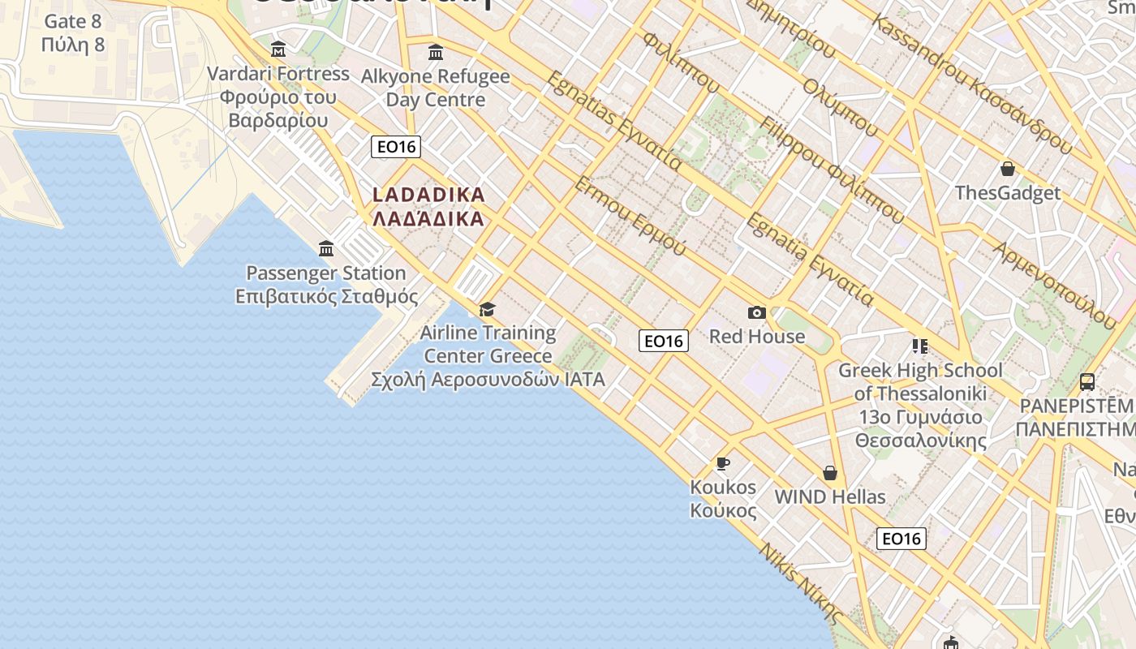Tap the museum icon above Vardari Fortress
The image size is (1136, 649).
pyautogui.click(x=278, y=49)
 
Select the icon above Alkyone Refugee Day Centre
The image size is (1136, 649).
pyautogui.click(x=436, y=53)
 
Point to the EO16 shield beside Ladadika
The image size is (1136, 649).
pyautogui.click(x=396, y=147)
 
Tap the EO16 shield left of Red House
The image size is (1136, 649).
pyautogui.click(x=664, y=341)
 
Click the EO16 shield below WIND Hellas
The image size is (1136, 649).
pyautogui.click(x=901, y=539)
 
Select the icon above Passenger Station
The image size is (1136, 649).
pyautogui.click(x=326, y=249)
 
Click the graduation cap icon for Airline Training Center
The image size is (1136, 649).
pyautogui.click(x=487, y=309)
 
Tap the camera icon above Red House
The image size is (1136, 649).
pyautogui.click(x=756, y=312)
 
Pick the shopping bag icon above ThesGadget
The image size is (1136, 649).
pyautogui.click(x=1007, y=169)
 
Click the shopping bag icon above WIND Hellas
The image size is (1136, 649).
pyautogui.click(x=829, y=472)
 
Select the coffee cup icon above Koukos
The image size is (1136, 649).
pyautogui.click(x=722, y=463)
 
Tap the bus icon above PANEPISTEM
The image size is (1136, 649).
pyautogui.click(x=1087, y=381)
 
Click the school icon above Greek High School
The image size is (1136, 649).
pyautogui.click(x=919, y=346)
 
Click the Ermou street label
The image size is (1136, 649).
pyautogui.click(x=630, y=215)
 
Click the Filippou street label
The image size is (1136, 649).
pyautogui.click(x=831, y=170)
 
